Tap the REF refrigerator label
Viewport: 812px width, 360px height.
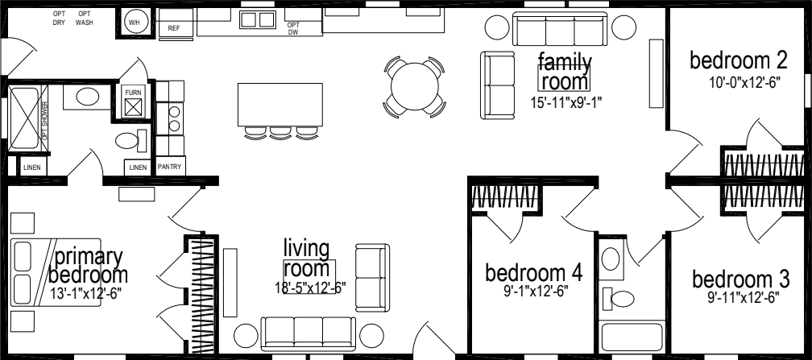(173, 28)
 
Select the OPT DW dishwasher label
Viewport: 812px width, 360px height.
(293, 28)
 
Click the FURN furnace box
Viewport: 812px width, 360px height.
(133, 101)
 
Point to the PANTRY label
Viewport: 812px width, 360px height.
(170, 168)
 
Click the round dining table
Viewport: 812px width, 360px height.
(413, 82)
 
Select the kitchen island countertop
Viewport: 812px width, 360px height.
(279, 104)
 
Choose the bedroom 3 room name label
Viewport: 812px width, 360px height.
(739, 279)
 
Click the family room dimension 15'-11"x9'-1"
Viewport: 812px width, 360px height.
(565, 101)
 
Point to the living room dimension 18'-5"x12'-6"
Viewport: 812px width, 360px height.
(309, 287)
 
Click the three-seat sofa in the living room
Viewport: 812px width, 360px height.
(308, 332)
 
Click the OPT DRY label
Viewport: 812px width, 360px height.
(59, 19)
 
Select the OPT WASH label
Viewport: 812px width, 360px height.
(85, 19)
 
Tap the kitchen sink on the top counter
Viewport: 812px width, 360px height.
(259, 19)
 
